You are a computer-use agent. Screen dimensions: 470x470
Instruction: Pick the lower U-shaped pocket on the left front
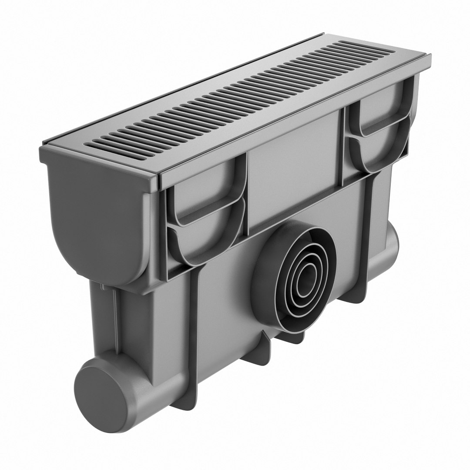tap(205, 237)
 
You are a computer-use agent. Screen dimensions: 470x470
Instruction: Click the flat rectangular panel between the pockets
tap(294, 161)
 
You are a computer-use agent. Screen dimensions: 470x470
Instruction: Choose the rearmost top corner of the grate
tap(322, 35)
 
